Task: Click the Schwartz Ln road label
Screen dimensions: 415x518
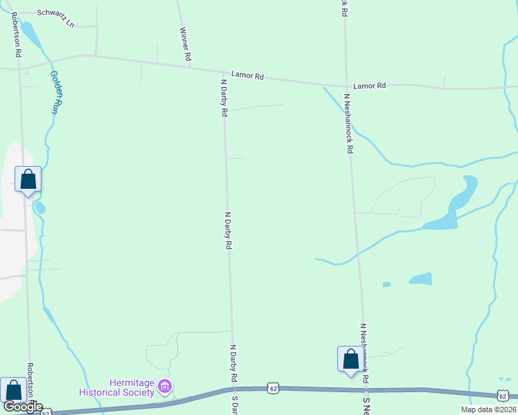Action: [x=55, y=13]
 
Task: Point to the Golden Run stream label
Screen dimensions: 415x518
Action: [x=53, y=91]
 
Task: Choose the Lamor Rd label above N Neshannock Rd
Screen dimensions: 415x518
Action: [x=369, y=86]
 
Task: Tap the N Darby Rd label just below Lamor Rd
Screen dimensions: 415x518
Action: [x=224, y=98]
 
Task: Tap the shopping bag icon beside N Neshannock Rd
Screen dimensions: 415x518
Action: [x=350, y=360]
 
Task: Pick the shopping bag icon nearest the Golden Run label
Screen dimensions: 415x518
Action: [x=28, y=180]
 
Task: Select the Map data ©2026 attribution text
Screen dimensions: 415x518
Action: [x=488, y=409]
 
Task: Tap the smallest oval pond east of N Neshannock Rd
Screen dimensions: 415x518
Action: [x=386, y=284]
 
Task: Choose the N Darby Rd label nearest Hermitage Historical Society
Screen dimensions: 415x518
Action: [x=234, y=364]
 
